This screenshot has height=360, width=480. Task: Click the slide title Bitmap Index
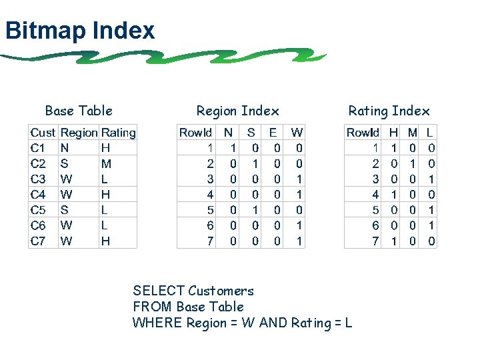(x=79, y=31)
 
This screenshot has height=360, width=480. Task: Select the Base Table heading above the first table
(x=79, y=111)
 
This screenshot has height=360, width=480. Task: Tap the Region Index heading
(x=237, y=111)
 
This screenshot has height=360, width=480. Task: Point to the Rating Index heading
(x=389, y=111)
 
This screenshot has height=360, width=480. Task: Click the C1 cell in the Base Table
(x=38, y=148)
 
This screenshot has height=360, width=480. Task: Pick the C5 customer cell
(x=38, y=210)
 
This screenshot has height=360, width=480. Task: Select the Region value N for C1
(x=64, y=148)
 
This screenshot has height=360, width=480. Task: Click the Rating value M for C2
(x=106, y=163)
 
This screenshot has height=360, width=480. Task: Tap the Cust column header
(x=43, y=133)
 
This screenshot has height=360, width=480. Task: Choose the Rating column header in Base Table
(x=118, y=133)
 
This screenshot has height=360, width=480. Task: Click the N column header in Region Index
(x=229, y=133)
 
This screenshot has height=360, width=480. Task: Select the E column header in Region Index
(x=273, y=133)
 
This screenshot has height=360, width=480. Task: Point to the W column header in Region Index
(x=297, y=133)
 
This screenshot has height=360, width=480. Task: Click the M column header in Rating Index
(x=413, y=133)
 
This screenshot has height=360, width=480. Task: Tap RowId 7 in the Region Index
(x=210, y=241)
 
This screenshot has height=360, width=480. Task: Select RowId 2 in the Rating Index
(x=375, y=163)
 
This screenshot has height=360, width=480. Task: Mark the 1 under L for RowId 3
(x=431, y=179)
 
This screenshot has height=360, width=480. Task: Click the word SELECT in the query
(x=159, y=291)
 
